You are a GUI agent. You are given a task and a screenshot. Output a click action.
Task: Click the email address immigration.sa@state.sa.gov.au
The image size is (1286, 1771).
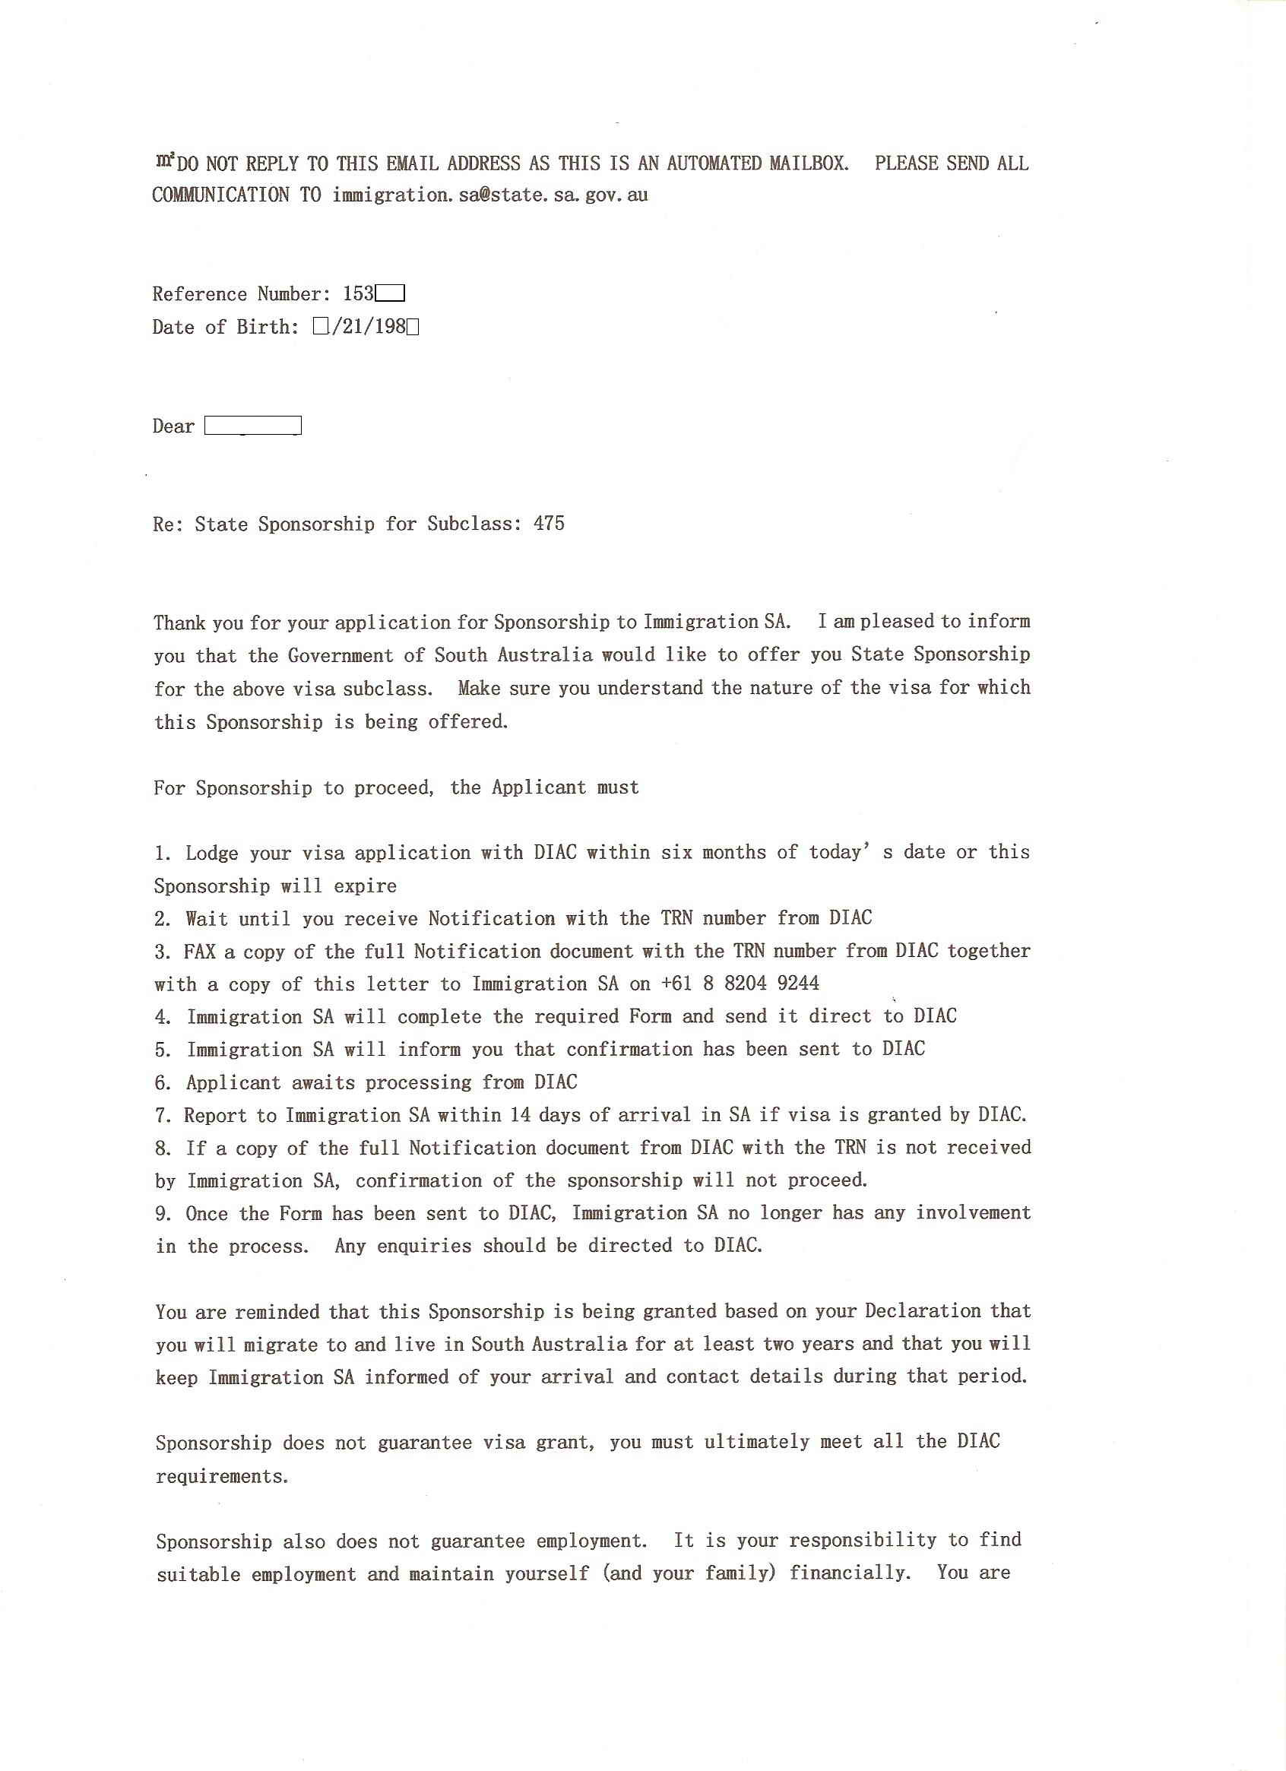click(489, 195)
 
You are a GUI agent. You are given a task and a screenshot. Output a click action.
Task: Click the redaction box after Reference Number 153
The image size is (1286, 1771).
click(390, 294)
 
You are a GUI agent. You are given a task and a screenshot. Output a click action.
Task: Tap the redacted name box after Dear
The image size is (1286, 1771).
click(252, 426)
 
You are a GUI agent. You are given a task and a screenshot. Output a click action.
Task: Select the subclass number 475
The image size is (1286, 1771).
click(549, 523)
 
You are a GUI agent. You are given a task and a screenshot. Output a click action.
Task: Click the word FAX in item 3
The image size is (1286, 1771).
click(200, 951)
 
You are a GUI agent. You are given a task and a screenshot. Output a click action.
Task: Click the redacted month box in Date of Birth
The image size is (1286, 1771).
click(320, 327)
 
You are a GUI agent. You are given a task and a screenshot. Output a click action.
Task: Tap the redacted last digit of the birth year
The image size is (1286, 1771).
click(413, 327)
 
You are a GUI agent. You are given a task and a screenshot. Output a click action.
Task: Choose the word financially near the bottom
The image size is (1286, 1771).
click(850, 1573)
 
